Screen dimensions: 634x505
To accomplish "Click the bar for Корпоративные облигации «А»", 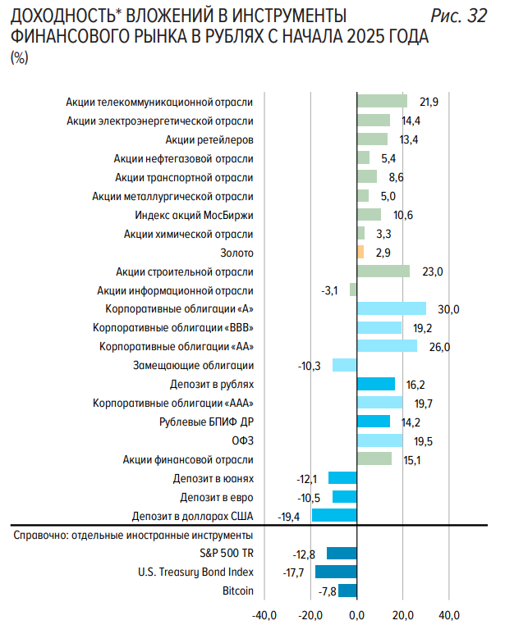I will [x=392, y=309].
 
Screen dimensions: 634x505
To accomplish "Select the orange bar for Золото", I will [x=360, y=253].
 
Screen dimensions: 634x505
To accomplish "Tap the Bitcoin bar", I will [x=347, y=591].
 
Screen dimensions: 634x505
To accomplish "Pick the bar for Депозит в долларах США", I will [x=334, y=516].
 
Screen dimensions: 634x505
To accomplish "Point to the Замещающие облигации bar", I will [x=345, y=366].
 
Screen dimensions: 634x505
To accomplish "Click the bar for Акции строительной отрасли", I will [x=383, y=271].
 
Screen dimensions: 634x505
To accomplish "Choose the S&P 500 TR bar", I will [x=342, y=553].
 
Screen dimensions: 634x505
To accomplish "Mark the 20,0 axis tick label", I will [x=403, y=614].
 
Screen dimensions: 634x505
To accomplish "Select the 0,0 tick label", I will [x=357, y=614].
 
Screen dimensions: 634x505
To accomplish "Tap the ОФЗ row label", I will [x=243, y=440].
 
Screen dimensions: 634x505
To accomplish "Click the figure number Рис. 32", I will [x=457, y=17].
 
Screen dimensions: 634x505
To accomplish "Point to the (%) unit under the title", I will [x=18, y=58].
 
